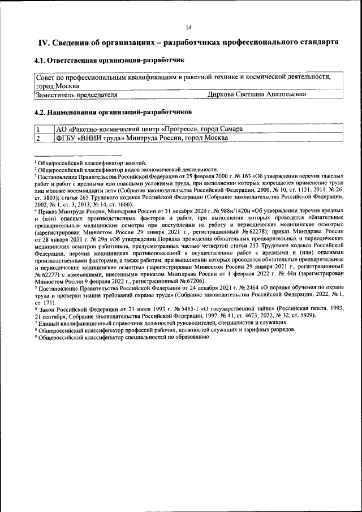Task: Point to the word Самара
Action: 230,130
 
